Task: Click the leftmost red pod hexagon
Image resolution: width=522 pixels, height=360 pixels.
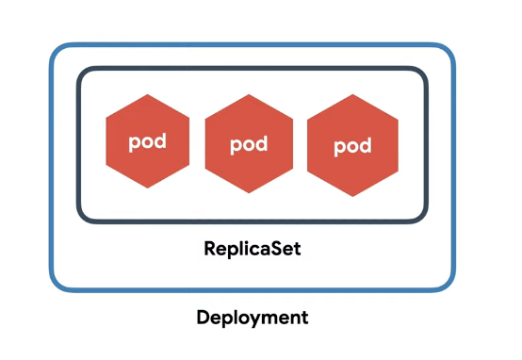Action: click(x=148, y=141)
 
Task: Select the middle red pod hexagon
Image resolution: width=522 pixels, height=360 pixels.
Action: click(x=249, y=143)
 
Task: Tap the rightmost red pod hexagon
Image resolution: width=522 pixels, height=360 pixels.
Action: click(x=352, y=145)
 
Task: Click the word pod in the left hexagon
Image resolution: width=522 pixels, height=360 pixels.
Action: click(x=148, y=142)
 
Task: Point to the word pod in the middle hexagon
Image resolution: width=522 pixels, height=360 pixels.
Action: click(x=249, y=144)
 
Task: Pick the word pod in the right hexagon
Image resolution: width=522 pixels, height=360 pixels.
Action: click(x=352, y=146)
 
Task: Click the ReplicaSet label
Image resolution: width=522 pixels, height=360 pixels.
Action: click(x=253, y=249)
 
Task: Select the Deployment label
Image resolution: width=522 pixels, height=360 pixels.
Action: click(x=253, y=318)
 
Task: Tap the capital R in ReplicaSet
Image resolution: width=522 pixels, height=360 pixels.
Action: click(x=210, y=248)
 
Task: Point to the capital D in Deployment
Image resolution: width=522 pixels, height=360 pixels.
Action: click(x=204, y=317)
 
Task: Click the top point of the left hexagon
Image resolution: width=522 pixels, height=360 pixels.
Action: click(x=148, y=94)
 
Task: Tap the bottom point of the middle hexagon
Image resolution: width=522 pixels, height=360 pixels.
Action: click(x=249, y=193)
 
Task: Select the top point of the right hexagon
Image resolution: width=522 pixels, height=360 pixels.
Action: click(x=352, y=94)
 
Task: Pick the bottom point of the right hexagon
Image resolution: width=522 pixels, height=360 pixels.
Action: click(x=352, y=196)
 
